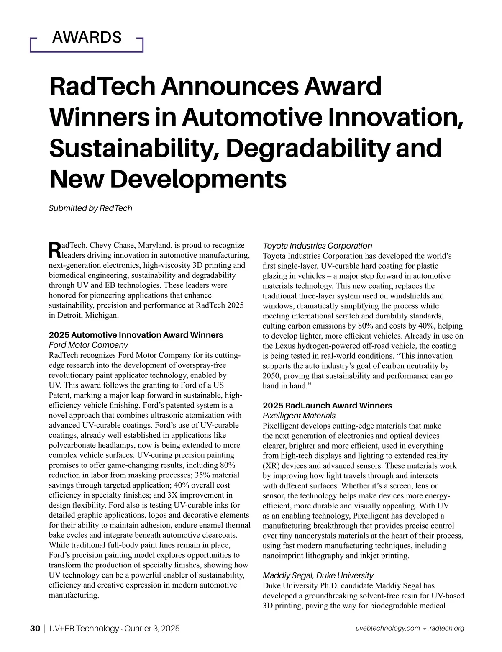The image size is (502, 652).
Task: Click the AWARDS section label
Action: point(87,38)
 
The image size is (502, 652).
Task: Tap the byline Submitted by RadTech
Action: point(90,208)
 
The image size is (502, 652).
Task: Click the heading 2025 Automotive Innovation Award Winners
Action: point(136,335)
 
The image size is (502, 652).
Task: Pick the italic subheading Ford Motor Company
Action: point(88,345)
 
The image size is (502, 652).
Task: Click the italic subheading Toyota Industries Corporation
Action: point(317,246)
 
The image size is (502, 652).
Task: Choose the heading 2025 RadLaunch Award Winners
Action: point(327,406)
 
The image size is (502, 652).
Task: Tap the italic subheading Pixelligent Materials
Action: point(299,416)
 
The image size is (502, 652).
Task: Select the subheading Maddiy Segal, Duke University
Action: point(318,576)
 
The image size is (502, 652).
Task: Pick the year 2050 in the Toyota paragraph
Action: point(271,376)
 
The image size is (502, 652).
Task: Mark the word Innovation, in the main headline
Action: point(396,117)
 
